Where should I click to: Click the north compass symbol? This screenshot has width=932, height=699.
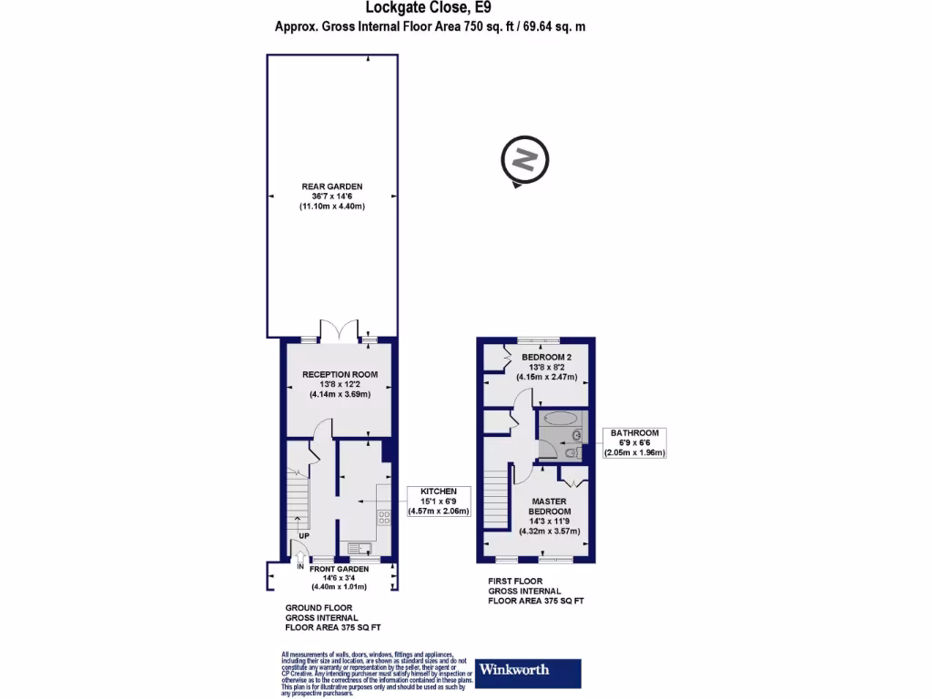524,161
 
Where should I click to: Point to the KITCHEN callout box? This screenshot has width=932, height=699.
438,501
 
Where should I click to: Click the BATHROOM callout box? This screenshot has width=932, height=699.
635,442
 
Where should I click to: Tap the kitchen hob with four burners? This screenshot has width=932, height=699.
384,518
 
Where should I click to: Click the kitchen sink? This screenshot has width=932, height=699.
358,548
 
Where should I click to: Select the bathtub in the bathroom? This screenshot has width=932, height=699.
558,420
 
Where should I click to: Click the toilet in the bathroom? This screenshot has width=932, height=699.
571,452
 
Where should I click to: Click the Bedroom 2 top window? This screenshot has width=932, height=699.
540,339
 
